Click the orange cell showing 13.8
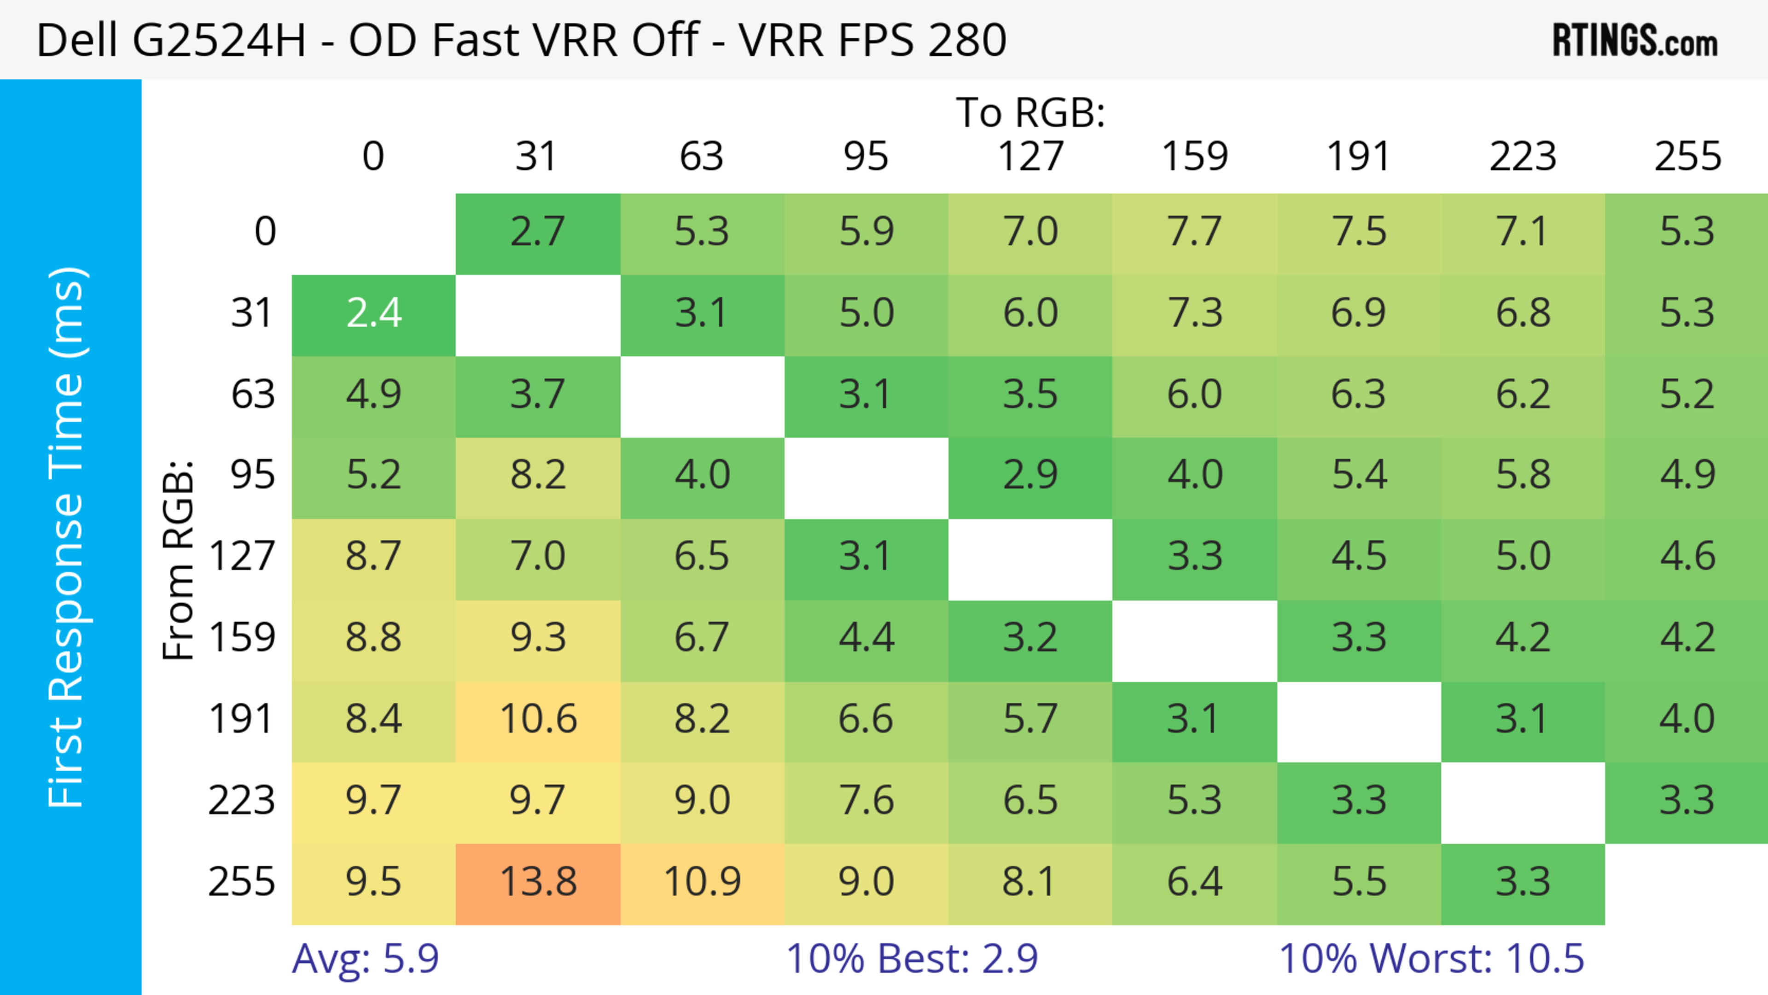pyautogui.click(x=538, y=883)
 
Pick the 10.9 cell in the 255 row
pyautogui.click(x=702, y=883)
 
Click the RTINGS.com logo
pyautogui.click(x=1635, y=41)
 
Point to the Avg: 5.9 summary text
pyautogui.click(x=365, y=959)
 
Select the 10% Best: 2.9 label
pyautogui.click(x=912, y=959)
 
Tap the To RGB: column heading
pyautogui.click(x=1030, y=112)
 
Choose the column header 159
pyautogui.click(x=1194, y=157)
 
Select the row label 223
pyautogui.click(x=242, y=801)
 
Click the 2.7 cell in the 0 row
pyautogui.click(x=538, y=233)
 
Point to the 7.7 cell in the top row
pyautogui.click(x=1194, y=233)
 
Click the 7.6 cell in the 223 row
pyautogui.click(x=866, y=801)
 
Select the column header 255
pyautogui.click(x=1687, y=157)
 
